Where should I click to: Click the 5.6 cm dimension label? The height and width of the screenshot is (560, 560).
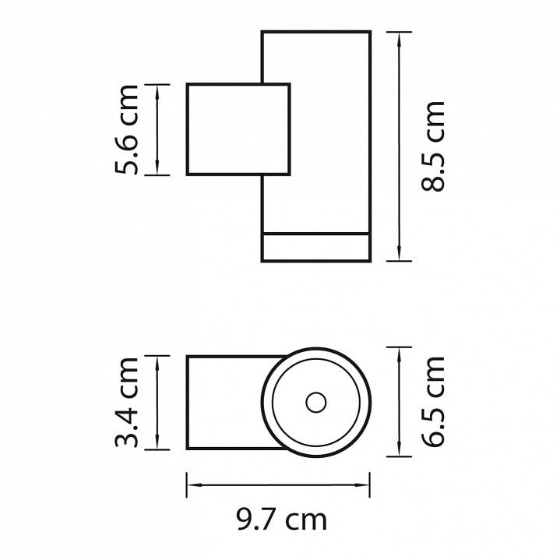[x=126, y=130]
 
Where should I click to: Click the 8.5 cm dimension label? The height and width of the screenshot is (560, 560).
[x=433, y=146]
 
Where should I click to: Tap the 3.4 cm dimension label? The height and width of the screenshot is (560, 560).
[x=126, y=402]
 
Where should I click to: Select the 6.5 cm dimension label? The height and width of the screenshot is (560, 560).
[x=433, y=402]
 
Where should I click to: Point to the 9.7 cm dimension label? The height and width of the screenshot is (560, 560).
[x=281, y=519]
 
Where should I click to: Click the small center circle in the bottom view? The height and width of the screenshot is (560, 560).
[x=316, y=402]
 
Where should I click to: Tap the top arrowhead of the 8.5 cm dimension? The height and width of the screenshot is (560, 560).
[x=399, y=40]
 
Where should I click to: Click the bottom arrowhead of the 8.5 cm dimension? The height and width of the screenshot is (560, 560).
[x=399, y=253]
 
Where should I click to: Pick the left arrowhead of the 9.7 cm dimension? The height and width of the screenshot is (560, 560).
[x=195, y=484]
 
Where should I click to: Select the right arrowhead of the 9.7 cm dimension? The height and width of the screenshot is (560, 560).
[x=361, y=484]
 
